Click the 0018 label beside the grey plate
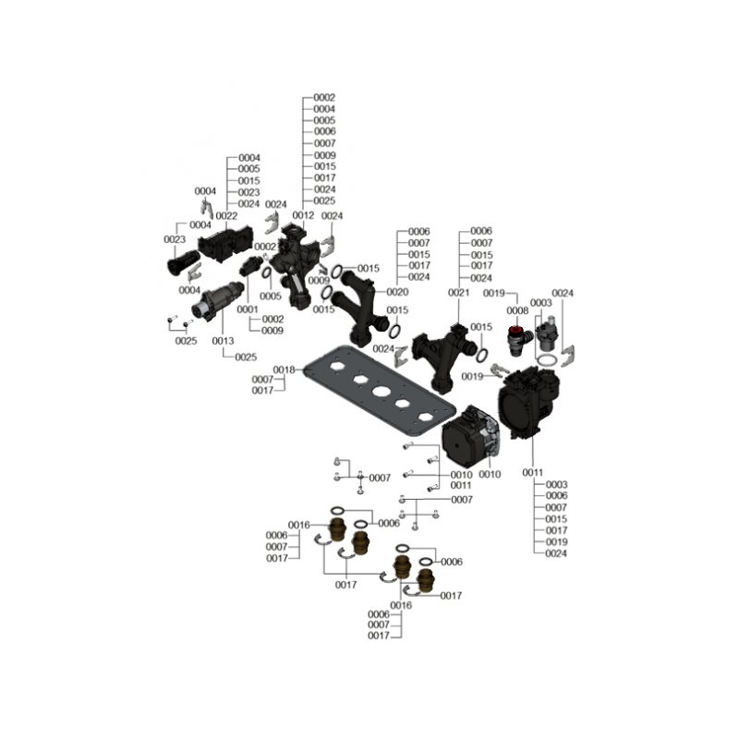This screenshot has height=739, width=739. pos(284,370)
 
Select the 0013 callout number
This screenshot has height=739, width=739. pos(223,341)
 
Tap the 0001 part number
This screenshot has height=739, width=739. pos(248,309)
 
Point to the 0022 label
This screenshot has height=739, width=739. pos(226,216)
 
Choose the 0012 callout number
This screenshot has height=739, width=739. pos(303,215)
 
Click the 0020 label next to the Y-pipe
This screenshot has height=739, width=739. pos(397,292)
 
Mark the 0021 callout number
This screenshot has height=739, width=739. pos(458,293)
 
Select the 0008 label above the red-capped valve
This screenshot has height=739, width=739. pos(517,311)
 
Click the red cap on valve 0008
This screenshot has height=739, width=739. pos(517,328)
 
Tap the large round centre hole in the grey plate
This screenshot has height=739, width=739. pos(381,392)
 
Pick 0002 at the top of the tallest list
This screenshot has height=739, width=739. pos(324,98)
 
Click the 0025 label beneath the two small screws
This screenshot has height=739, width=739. pos(186,341)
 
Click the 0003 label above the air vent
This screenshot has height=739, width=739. pos(540,303)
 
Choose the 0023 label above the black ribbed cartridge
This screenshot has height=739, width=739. pos(175,239)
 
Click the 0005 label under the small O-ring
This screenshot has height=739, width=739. pos(270,296)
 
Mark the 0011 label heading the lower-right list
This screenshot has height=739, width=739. pos(533,472)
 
